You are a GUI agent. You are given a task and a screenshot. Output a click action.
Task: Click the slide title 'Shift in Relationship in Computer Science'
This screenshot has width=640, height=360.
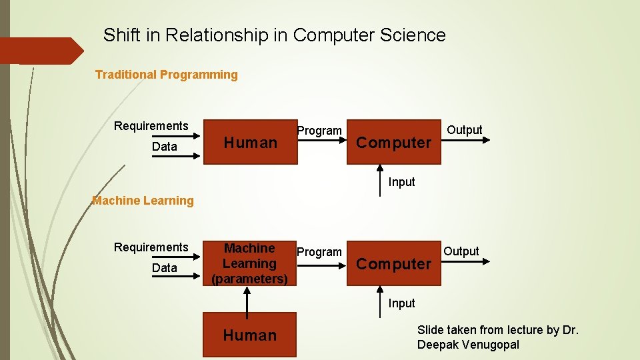[x=274, y=35]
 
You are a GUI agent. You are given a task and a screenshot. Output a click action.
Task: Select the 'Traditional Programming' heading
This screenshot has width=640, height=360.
[x=166, y=75]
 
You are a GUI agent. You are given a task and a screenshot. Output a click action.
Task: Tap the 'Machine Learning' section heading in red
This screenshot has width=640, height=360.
[x=143, y=200]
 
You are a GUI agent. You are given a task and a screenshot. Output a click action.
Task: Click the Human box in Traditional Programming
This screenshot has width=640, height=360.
[x=250, y=142]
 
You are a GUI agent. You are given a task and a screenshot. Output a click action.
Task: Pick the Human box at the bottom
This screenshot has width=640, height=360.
[x=250, y=335]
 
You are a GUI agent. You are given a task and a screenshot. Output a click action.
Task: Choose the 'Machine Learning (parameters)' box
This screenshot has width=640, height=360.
[x=250, y=263]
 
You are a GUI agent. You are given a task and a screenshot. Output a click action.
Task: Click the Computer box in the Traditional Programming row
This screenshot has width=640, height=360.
[x=394, y=142]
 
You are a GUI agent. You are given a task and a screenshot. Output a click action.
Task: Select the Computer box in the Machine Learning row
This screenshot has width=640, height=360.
[x=394, y=263]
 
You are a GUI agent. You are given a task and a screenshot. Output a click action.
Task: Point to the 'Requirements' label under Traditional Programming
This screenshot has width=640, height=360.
[x=151, y=126]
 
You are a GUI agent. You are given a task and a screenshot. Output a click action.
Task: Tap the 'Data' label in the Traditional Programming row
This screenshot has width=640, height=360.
[x=165, y=147]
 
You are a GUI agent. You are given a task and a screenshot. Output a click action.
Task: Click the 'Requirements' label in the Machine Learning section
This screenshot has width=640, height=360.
[x=151, y=247]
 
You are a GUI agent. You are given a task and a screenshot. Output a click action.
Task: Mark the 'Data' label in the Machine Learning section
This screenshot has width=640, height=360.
[x=165, y=268]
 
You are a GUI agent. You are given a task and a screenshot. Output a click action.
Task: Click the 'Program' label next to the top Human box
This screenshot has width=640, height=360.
[x=319, y=131]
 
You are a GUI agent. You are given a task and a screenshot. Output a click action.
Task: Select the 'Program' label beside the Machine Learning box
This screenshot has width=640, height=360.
[x=319, y=252]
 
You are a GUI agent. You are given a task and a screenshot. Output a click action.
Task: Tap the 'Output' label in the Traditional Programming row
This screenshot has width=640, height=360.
[x=465, y=130]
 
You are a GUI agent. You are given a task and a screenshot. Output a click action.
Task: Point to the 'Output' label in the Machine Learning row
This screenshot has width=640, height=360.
[x=461, y=251]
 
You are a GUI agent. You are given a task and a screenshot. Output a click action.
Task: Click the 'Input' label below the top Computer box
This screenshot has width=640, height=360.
[x=401, y=182]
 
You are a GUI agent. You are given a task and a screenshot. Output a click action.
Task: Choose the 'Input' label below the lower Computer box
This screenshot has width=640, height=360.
[x=401, y=303]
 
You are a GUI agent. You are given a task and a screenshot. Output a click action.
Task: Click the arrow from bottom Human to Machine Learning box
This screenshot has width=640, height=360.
[x=247, y=302]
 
